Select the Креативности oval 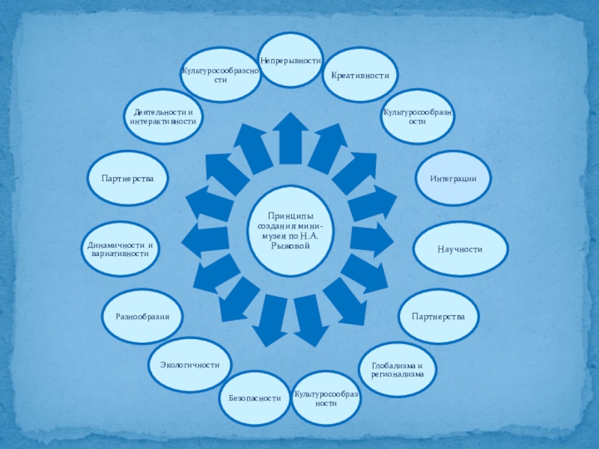360,76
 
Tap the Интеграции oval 453,179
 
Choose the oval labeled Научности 460,248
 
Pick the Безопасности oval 255,398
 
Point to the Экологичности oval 189,364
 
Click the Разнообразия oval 142,317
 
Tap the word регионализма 398,374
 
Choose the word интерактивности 162,120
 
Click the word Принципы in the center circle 290,217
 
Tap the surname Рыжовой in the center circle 290,245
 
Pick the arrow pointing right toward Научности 371,239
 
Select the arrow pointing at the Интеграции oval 371,203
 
